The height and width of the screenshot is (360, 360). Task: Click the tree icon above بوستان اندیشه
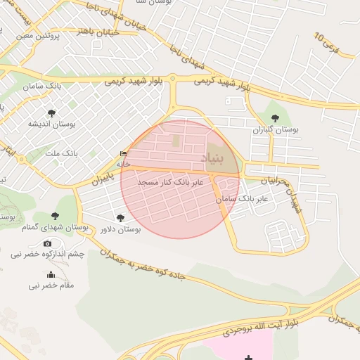[51, 112]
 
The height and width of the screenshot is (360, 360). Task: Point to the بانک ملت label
[61, 153]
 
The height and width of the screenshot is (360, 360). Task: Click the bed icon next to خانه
[124, 154]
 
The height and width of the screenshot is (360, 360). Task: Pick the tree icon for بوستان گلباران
[274, 118]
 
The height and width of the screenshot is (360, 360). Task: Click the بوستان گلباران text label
[275, 130]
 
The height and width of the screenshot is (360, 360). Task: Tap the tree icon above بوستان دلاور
[120, 218]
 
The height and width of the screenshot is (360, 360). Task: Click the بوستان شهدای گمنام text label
[55, 227]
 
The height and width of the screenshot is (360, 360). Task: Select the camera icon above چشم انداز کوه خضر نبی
[48, 243]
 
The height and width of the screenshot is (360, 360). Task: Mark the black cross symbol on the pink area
[249, 358]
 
